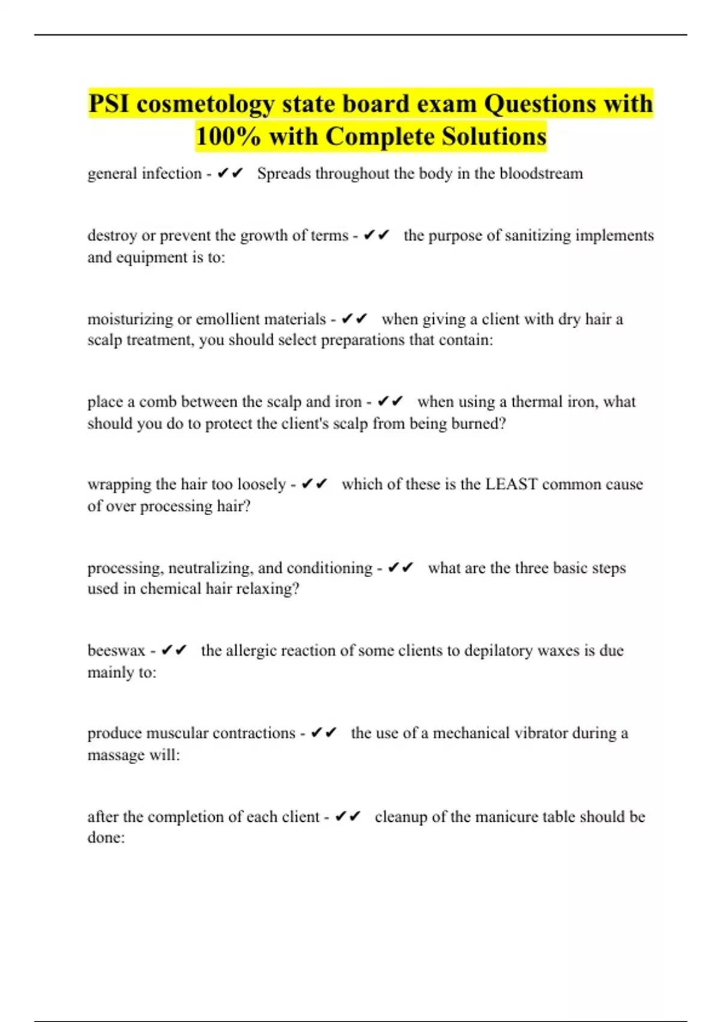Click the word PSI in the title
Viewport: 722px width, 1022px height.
point(109,104)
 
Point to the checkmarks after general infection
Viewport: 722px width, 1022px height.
point(230,174)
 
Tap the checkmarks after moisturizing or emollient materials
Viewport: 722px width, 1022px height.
point(354,319)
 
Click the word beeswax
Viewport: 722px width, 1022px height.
point(116,650)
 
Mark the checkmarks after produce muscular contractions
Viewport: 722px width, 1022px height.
point(323,733)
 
